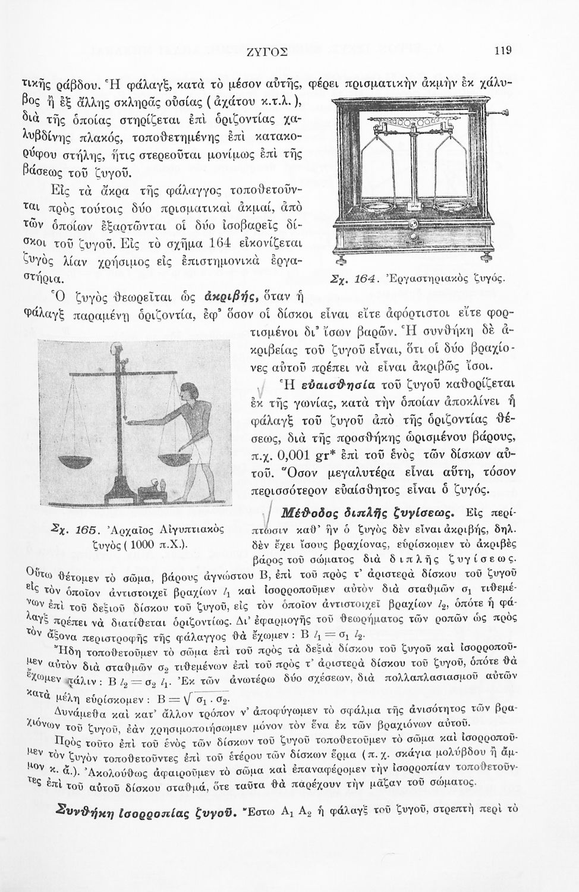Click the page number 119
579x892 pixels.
pos(503,51)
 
